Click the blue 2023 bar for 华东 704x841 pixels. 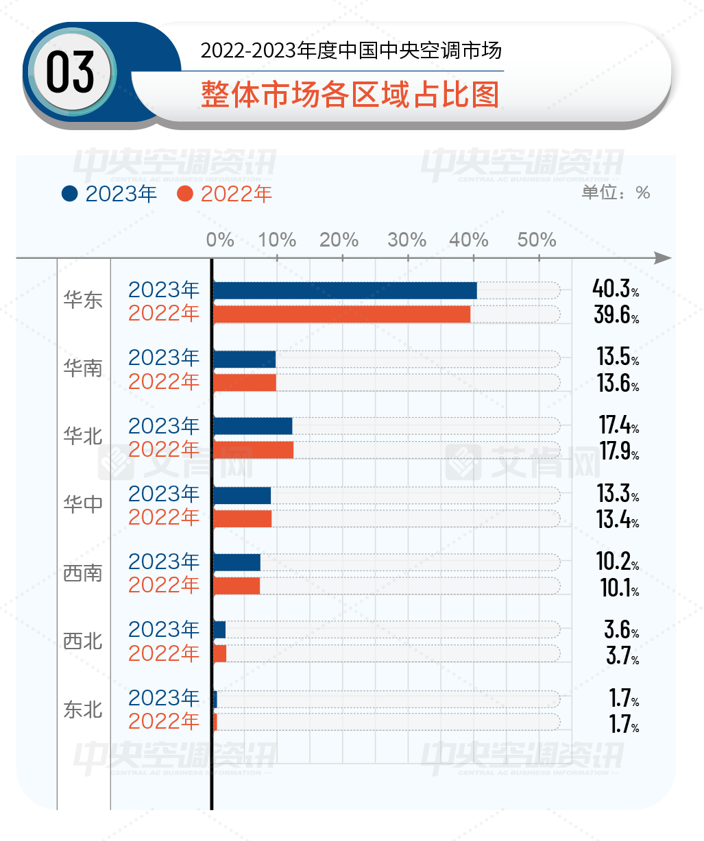click(x=345, y=290)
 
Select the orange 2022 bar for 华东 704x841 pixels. click(x=341, y=314)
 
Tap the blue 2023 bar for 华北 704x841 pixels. click(x=253, y=426)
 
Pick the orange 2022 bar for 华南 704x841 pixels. click(x=245, y=382)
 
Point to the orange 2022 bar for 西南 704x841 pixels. click(x=236, y=586)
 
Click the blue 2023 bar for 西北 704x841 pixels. click(x=219, y=630)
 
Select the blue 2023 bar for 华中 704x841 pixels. click(x=242, y=495)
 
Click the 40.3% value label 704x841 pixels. click(x=616, y=289)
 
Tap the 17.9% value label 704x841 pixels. click(x=619, y=451)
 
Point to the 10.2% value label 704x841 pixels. click(x=618, y=561)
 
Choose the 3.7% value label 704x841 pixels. click(x=622, y=655)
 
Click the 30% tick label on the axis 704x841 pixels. click(x=407, y=240)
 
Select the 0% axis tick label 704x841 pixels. click(x=220, y=240)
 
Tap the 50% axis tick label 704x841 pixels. click(x=537, y=240)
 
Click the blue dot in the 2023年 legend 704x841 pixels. click(x=70, y=194)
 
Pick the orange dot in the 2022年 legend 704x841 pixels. click(x=185, y=194)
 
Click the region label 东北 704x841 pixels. click(x=83, y=710)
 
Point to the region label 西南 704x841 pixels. click(x=83, y=573)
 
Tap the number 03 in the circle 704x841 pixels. click(x=70, y=73)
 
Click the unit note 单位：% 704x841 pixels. click(x=616, y=192)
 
